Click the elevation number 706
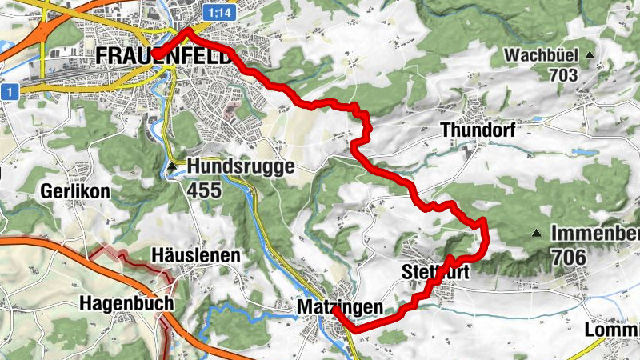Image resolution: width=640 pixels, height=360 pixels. (x=567, y=258)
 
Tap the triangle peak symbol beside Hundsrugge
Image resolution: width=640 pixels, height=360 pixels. (x=174, y=166)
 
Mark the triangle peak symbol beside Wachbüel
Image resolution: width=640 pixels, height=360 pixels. (x=590, y=55)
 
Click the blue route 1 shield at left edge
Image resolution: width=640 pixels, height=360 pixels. (x=9, y=93)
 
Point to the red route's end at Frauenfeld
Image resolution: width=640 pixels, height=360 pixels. (x=154, y=58)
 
